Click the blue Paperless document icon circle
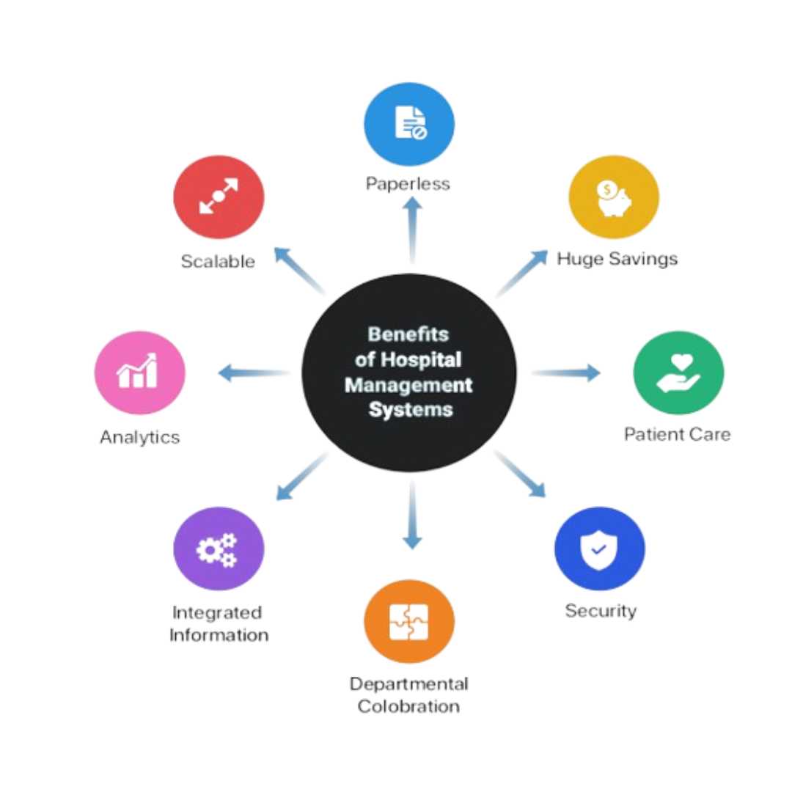pos(409,124)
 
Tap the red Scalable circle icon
pos(219,197)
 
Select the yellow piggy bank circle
pos(614,197)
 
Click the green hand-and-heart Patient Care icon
pos(678,373)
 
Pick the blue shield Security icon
pos(600,549)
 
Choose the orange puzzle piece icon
pos(409,621)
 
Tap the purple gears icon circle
pos(219,549)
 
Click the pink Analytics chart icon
pos(140,373)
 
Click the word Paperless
pos(408,184)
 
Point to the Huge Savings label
pos(617,259)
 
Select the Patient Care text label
pos(678,434)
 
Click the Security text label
pos(601,611)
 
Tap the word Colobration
pos(408,706)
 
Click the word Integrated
pos(217,612)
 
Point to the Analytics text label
pos(140,437)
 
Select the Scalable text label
pos(218,261)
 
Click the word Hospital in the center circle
pos(421,360)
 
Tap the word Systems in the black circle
pos(411,410)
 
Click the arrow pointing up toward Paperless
pos(413,230)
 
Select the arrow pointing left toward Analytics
pos(254,373)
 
